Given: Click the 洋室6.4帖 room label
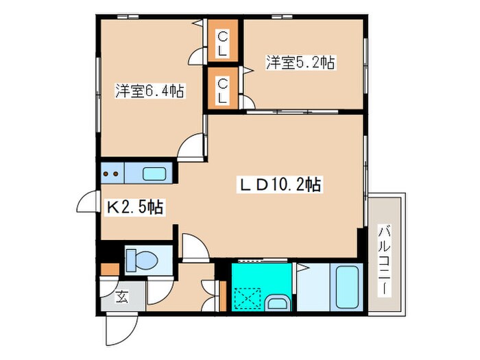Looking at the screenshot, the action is click(149, 91).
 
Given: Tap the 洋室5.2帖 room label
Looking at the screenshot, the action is click(300, 62).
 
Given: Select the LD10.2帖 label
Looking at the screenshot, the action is click(280, 184).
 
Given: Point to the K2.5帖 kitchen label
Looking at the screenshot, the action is click(134, 208).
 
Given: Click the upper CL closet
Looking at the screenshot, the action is click(223, 40).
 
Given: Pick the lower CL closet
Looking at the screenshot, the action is click(223, 88).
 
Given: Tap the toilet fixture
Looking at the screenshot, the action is click(141, 260).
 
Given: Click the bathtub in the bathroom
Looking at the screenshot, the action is click(347, 287).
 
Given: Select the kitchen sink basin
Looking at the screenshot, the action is click(154, 174).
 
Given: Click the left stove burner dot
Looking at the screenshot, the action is click(106, 174).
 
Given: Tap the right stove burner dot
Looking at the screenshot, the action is click(116, 174).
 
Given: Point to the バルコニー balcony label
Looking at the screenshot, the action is click(384, 260).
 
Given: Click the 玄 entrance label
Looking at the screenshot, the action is click(122, 296).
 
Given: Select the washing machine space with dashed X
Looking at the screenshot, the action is click(248, 299).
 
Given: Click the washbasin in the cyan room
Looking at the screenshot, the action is click(277, 303).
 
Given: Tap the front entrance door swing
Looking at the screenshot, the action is click(121, 329).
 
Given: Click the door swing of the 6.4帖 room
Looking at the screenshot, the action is click(191, 147).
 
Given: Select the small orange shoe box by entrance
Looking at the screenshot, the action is click(110, 269).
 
